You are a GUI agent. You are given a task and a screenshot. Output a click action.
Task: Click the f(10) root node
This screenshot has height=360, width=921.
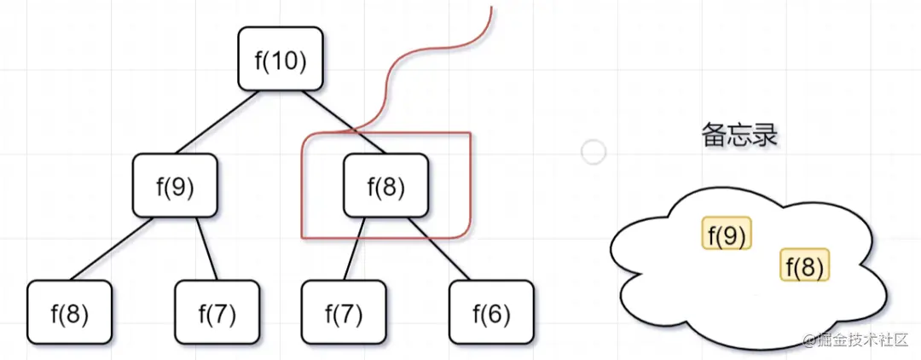(x=281, y=59)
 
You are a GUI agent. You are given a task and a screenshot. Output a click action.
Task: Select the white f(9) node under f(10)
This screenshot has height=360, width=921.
(x=176, y=185)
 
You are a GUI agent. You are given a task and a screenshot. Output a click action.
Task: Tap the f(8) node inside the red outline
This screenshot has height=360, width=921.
(x=385, y=185)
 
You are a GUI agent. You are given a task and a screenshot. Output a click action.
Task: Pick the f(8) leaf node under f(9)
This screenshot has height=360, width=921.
(x=70, y=313)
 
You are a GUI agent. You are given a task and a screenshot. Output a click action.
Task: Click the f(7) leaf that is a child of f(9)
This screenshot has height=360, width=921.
(x=217, y=313)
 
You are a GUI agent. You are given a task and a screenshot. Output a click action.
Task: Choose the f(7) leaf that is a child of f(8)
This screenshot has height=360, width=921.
(x=344, y=313)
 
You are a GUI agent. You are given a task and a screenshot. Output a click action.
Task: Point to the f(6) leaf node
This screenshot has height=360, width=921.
(x=491, y=313)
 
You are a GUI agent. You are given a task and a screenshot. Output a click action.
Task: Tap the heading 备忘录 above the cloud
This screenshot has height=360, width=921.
(x=739, y=135)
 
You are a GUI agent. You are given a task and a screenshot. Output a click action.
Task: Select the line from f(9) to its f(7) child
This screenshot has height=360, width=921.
(x=207, y=248)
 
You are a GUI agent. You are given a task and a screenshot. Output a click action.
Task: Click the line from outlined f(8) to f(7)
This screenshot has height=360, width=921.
(x=354, y=248)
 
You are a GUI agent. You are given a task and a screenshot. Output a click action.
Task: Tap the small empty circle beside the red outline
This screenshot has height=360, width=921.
(x=593, y=153)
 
